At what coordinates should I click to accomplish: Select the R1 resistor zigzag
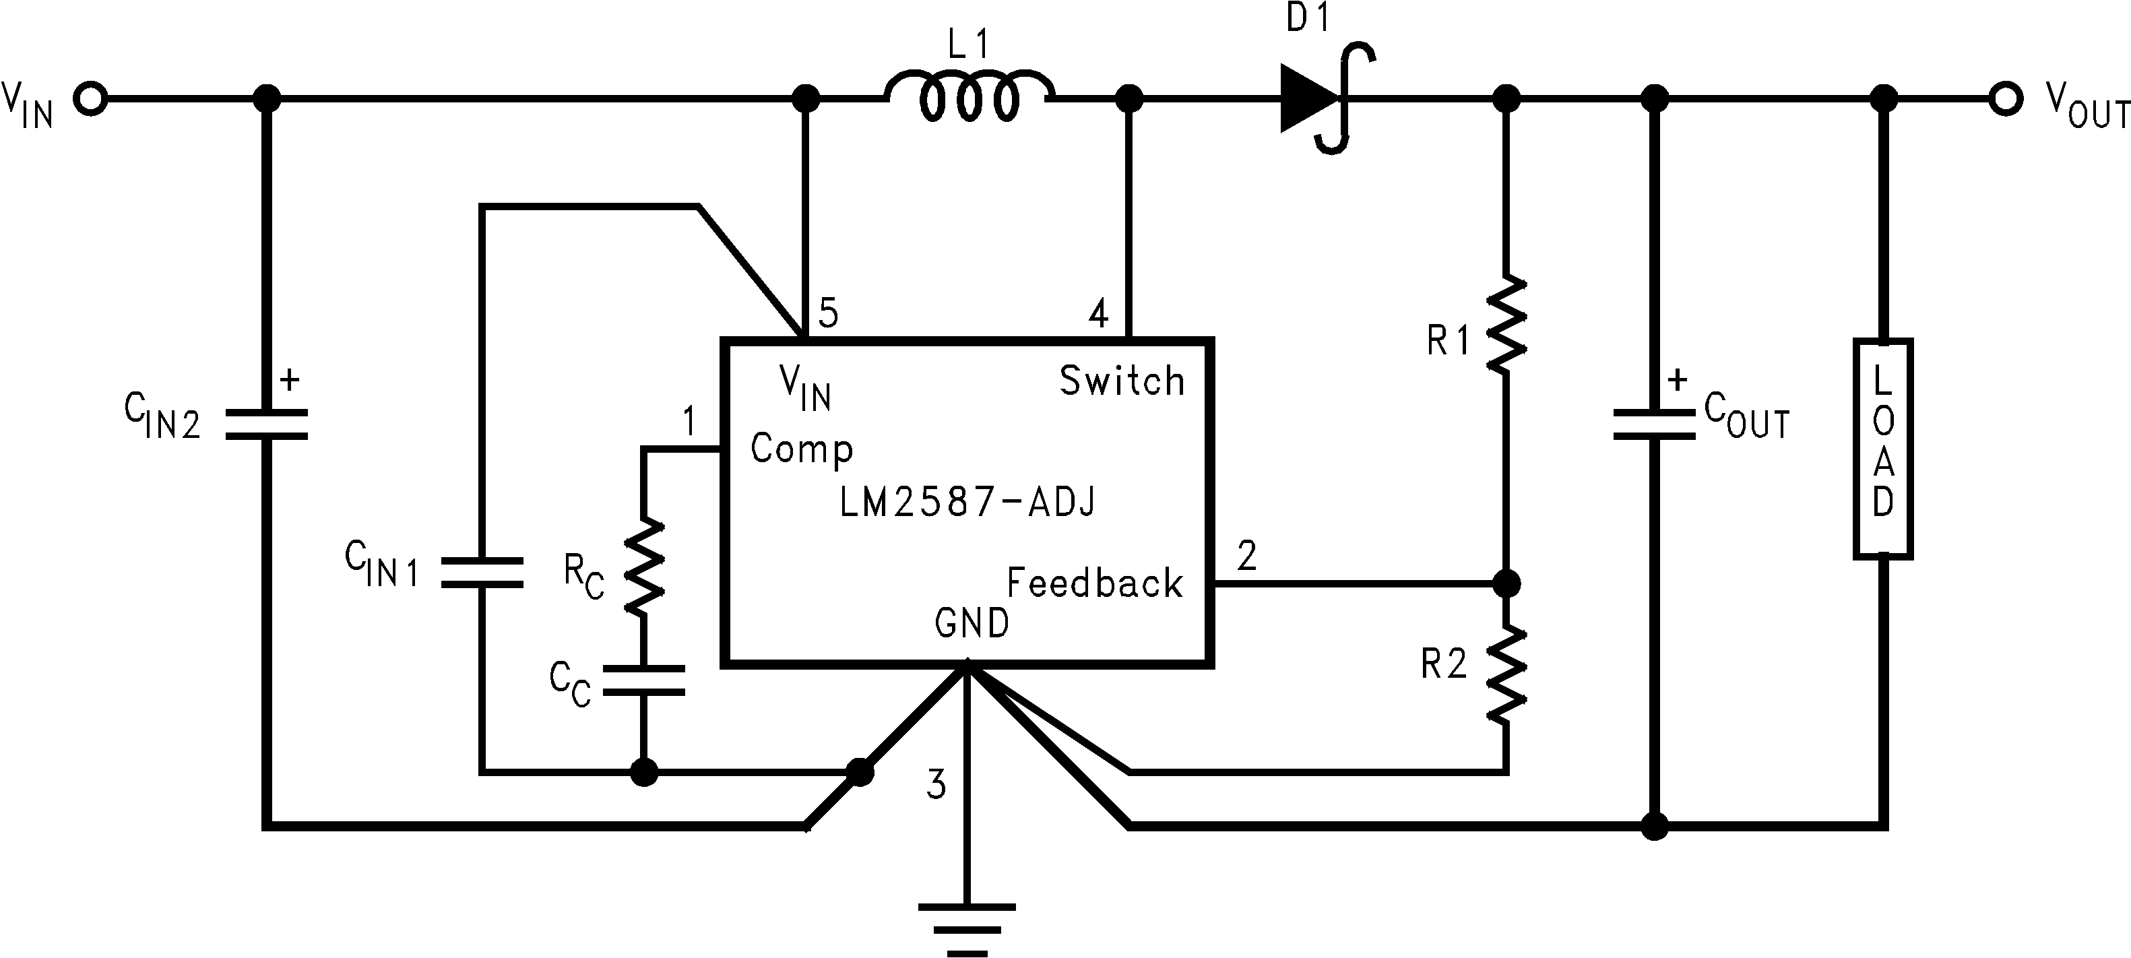click(x=1506, y=324)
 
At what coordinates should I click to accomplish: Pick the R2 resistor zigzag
click(x=1506, y=674)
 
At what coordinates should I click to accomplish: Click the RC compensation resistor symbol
click(x=643, y=567)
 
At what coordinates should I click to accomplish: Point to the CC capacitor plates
click(x=643, y=680)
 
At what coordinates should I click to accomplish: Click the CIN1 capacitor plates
click(x=482, y=573)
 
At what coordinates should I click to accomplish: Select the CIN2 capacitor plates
click(x=266, y=424)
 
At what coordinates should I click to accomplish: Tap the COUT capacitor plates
click(x=1654, y=424)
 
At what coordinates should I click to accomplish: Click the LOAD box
click(x=1883, y=447)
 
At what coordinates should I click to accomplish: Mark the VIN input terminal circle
click(x=90, y=99)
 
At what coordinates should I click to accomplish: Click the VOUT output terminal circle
click(x=2005, y=99)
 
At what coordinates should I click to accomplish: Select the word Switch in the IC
click(x=1122, y=381)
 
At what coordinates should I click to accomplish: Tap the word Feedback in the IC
click(x=1093, y=583)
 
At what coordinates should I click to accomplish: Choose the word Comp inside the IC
click(x=801, y=449)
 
